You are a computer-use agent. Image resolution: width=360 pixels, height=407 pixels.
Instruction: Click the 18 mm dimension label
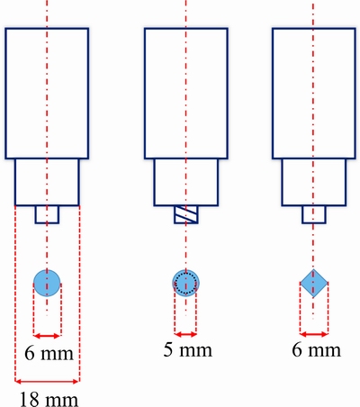[49, 399]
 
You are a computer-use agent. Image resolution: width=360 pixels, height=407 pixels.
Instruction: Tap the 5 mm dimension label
[188, 349]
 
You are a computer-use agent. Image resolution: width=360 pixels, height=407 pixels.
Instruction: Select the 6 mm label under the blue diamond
[317, 349]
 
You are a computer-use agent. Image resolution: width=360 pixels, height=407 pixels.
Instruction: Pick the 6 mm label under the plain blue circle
[49, 353]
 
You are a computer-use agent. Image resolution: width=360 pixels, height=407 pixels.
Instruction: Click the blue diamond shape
[314, 283]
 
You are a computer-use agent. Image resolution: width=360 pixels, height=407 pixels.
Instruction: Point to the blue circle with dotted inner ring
[186, 283]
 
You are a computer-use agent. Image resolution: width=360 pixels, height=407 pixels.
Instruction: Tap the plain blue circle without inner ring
[47, 283]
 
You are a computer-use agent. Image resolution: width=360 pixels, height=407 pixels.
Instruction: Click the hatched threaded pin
[186, 214]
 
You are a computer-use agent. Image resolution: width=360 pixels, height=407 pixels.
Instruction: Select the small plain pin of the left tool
[47, 214]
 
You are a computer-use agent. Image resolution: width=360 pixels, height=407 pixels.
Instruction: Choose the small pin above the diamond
[314, 214]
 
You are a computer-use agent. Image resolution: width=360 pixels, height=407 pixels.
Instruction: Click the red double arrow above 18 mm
[47, 382]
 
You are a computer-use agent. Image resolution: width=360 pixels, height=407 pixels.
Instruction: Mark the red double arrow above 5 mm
[185, 334]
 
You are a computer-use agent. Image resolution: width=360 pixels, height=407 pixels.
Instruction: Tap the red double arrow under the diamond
[314, 334]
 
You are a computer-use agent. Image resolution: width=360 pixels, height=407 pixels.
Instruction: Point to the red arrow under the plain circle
[47, 336]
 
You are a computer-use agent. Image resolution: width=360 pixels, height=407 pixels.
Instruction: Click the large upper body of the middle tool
[186, 94]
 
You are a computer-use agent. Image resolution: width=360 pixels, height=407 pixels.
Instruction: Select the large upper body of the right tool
[314, 94]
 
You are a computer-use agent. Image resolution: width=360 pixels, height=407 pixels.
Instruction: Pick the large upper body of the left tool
[47, 94]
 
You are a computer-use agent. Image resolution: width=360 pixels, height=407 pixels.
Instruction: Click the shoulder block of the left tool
[47, 182]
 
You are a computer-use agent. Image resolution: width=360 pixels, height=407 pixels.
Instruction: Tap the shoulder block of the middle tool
[186, 182]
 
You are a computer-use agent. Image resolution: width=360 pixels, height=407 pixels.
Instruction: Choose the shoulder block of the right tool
[314, 182]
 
